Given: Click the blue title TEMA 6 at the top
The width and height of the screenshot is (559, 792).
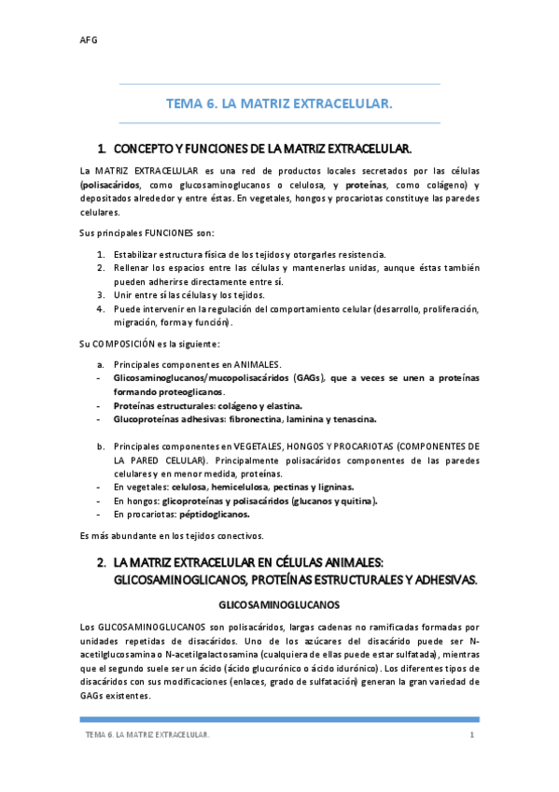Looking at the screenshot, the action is pos(279,105).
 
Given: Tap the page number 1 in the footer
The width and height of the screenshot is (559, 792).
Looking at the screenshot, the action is pos(472,736).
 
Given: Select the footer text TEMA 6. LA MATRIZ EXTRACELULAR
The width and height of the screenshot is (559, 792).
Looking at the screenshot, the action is pos(147,736).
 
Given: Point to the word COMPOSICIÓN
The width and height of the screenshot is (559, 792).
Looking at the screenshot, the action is pos(137,344).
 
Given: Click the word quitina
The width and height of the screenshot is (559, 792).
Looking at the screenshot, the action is pos(357,501).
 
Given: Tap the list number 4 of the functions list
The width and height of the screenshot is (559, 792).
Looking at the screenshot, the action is pos(100,308).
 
